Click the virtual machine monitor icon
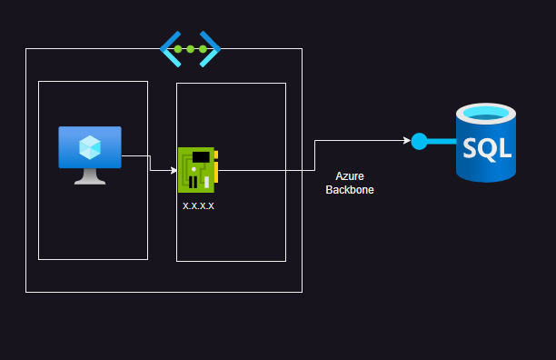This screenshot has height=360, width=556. [x=90, y=150]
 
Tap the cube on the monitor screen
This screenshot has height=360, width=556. [x=90, y=146]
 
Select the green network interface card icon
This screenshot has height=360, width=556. [x=196, y=170]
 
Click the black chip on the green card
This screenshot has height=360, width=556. [x=201, y=158]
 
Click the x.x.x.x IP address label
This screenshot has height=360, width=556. [x=199, y=206]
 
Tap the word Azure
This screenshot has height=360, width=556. [x=350, y=175]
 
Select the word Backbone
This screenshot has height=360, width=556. [x=350, y=190]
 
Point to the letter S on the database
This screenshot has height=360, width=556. [x=471, y=146]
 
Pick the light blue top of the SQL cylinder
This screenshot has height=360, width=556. [x=487, y=115]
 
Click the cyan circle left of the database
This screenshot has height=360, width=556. [x=419, y=141]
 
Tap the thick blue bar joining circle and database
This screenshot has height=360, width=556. [x=442, y=141]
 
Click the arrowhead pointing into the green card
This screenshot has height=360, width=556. [x=174, y=170]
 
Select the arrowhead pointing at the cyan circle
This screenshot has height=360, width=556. [x=406, y=141]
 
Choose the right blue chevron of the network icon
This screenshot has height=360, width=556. [x=211, y=48]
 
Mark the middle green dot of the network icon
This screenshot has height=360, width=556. [x=191, y=48]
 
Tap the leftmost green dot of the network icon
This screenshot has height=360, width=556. [x=180, y=48]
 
